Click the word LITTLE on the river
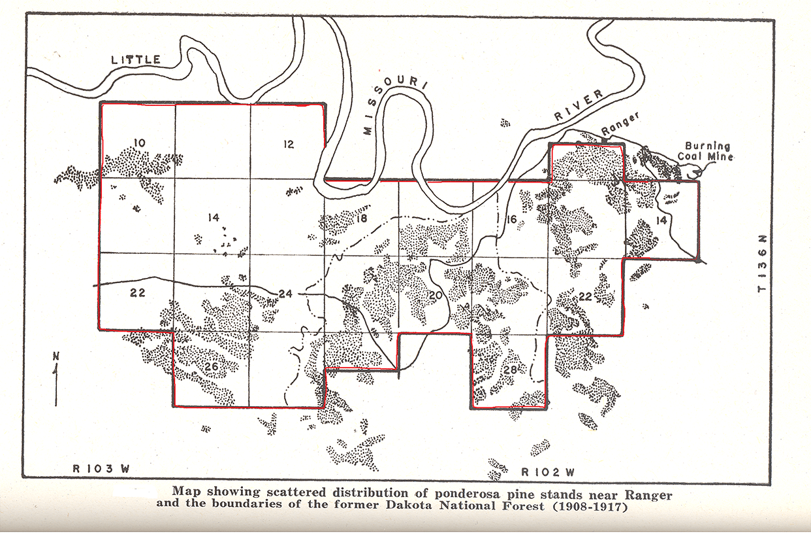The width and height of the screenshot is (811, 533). tap(136, 60)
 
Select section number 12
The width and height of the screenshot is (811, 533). tap(289, 145)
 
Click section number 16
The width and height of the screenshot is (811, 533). tap(511, 220)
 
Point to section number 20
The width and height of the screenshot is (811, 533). tap(436, 296)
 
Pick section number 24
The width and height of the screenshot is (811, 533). tap(285, 294)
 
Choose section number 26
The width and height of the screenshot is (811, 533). tap(210, 366)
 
